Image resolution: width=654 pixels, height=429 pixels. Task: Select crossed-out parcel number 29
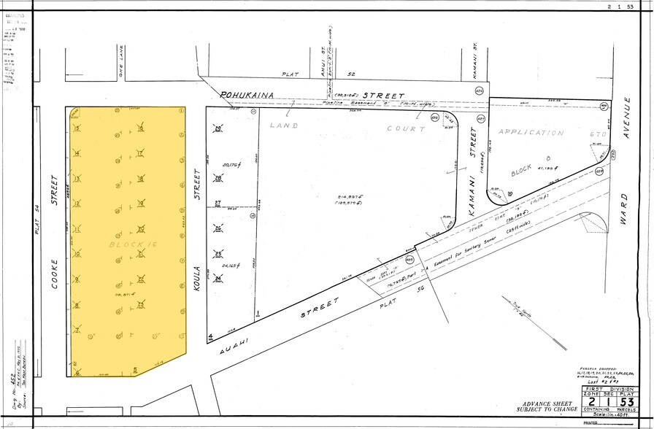tap(218, 129)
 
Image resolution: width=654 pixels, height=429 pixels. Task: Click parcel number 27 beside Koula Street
tap(217, 204)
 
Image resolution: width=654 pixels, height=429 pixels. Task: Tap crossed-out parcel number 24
tap(218, 279)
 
